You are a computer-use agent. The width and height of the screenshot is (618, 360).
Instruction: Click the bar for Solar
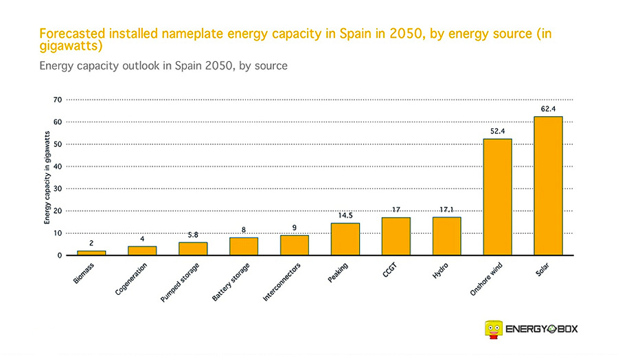pos(548,185)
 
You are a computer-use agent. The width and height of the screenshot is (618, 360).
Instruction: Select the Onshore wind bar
pos(497,196)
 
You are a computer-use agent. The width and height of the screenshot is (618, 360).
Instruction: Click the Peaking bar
pos(345,238)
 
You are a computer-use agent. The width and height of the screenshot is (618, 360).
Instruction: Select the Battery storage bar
pos(244,246)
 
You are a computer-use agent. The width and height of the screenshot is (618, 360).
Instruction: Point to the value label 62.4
pos(548,109)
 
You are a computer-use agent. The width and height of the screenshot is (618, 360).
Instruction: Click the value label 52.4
pos(497,131)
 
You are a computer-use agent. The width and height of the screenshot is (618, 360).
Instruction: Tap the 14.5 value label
pos(345,215)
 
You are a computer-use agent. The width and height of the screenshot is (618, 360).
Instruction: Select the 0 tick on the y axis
pos(60,256)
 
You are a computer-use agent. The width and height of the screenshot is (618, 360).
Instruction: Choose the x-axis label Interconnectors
pos(281,283)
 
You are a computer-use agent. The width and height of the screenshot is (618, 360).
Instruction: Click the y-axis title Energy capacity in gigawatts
pos(47,177)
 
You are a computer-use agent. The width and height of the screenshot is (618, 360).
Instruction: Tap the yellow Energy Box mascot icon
pos(492,329)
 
